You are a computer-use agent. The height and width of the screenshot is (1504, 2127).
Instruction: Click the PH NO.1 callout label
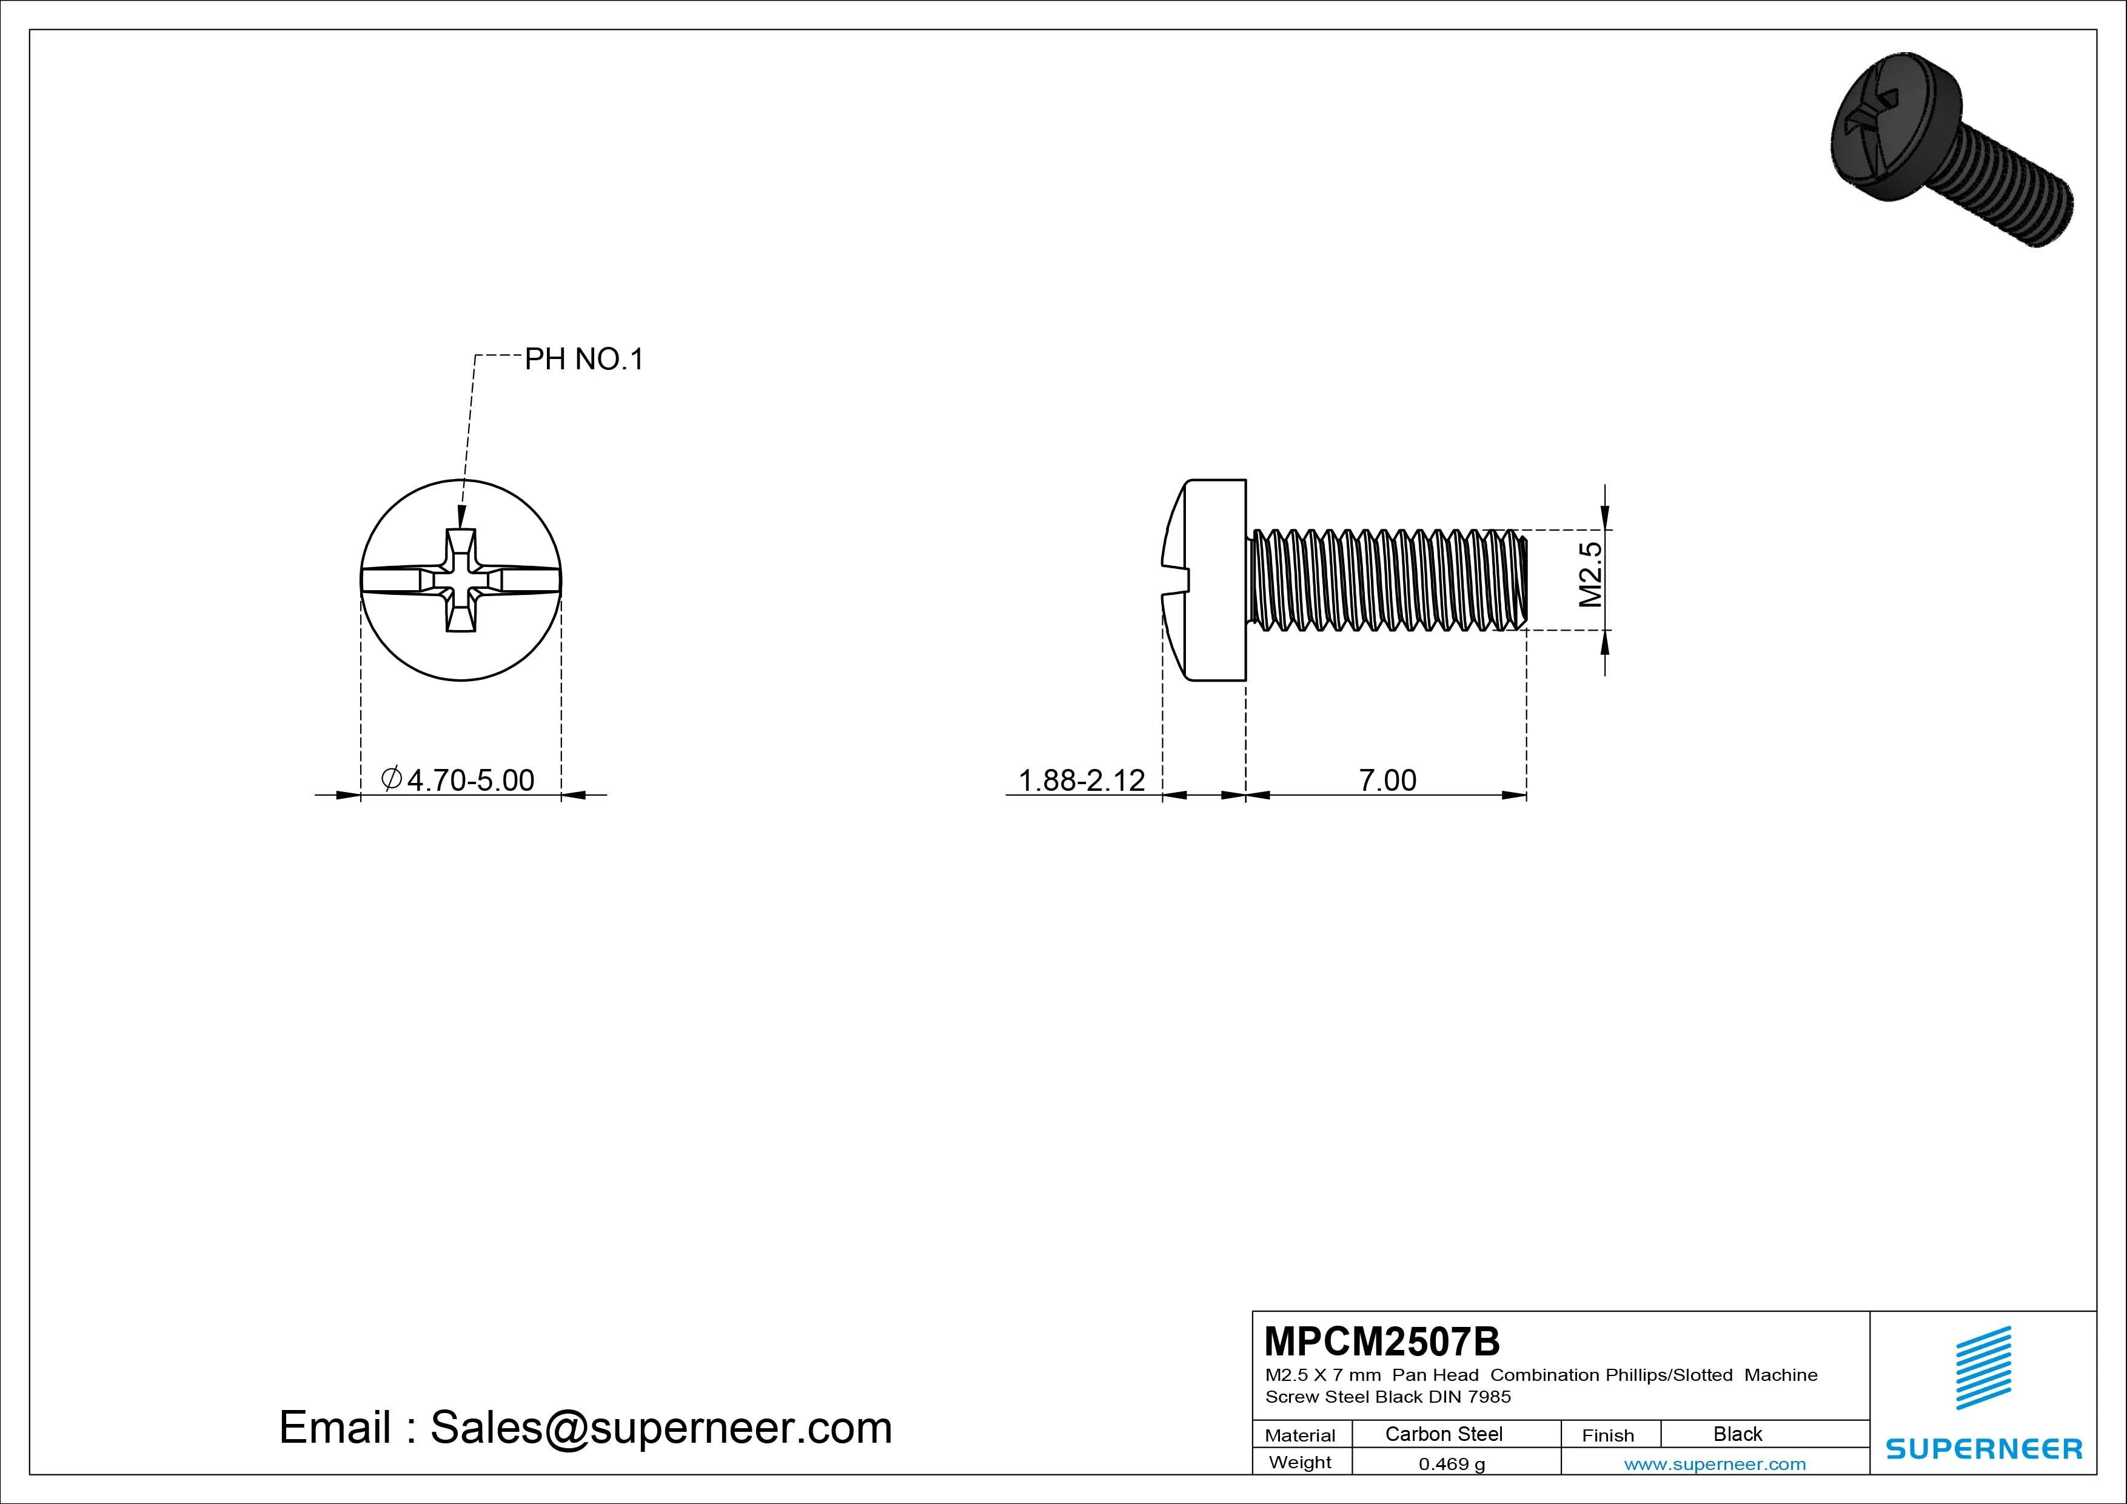(x=584, y=360)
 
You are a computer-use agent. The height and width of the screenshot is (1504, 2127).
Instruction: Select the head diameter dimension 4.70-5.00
(x=458, y=781)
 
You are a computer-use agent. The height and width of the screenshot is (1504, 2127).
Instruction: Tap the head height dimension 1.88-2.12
(x=1081, y=781)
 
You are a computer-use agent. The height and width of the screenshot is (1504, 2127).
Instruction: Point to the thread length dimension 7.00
(x=1387, y=781)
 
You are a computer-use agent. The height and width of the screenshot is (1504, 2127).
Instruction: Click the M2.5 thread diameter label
(x=1590, y=574)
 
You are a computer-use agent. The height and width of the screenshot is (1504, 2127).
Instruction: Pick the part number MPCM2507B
(x=1381, y=1341)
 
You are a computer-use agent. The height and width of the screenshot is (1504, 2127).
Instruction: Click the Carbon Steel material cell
(x=1443, y=1434)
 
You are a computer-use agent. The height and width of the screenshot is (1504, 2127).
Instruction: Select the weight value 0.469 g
(x=1452, y=1464)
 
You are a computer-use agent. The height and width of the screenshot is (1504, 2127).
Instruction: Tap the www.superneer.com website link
(x=1715, y=1464)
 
